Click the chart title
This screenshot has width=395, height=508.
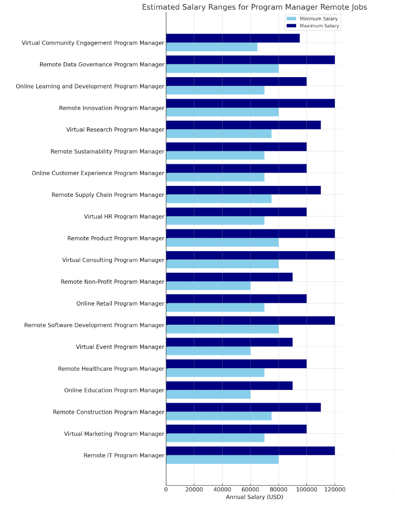point(254,7)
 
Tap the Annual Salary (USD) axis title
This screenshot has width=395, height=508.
point(254,497)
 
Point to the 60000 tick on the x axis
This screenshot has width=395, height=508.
point(250,489)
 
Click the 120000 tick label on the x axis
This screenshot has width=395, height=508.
point(334,489)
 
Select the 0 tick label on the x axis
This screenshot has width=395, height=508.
point(166,489)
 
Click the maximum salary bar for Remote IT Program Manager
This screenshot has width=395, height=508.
point(250,451)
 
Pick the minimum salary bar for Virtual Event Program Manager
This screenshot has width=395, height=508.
point(208,351)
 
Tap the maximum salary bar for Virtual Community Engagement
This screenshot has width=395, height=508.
point(232,38)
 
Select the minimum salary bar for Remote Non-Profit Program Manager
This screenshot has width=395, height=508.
point(208,286)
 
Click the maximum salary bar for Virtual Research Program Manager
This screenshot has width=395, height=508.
point(243,125)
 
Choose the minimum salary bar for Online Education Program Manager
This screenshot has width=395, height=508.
point(208,395)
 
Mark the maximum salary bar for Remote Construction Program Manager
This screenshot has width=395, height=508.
point(243,407)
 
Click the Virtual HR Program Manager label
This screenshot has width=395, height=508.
point(124,216)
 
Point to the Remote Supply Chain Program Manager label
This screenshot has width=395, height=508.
point(108,195)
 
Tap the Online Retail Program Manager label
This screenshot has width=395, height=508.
point(120,303)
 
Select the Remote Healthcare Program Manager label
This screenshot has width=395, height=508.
point(111,369)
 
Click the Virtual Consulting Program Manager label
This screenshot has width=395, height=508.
point(113,260)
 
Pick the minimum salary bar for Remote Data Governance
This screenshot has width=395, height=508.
point(222,68)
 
